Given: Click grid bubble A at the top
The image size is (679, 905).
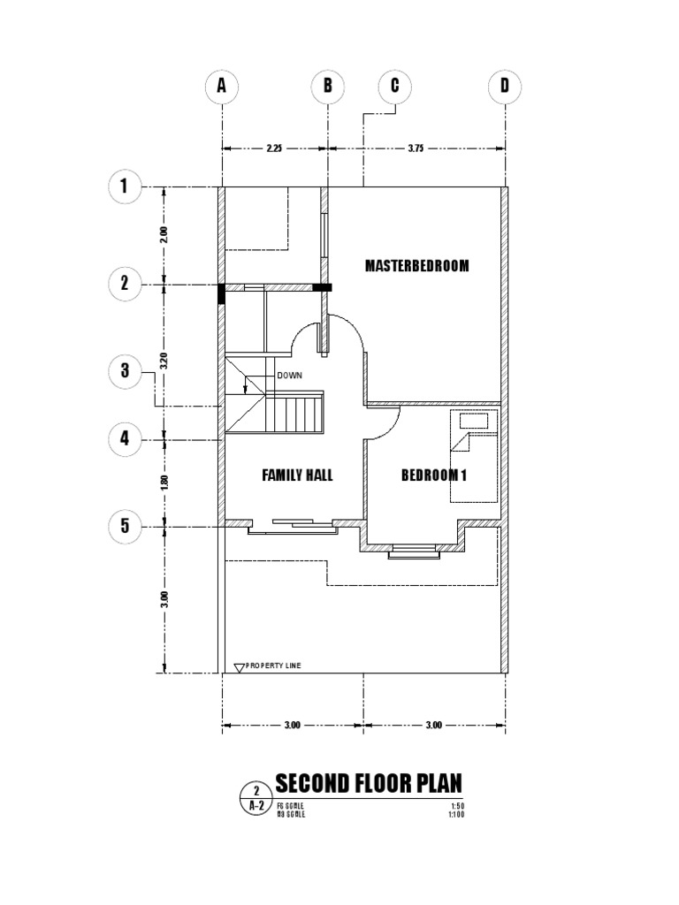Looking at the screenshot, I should (221, 87).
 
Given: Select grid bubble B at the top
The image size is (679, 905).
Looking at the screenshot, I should (327, 87).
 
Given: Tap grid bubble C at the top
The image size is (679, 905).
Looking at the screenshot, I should (394, 87).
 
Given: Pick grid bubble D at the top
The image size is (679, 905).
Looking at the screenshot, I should (505, 87).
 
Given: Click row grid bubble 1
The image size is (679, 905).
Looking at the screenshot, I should (125, 186).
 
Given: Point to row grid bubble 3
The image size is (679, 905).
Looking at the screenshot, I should (125, 371).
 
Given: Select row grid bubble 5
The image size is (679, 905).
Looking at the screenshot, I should (125, 527).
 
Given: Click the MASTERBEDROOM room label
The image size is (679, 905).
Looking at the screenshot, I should (417, 266).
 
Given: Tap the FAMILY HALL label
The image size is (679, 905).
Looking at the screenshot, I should (297, 475).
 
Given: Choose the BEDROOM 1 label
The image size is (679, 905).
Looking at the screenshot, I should (434, 475).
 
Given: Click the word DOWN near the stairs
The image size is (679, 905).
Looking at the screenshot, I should (290, 376).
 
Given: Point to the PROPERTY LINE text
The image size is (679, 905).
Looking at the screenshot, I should (273, 665).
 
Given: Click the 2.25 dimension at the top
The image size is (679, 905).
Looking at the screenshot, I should (274, 149).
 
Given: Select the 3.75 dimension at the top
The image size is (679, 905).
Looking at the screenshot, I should (416, 149).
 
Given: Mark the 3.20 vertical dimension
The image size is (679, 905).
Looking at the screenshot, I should (163, 361).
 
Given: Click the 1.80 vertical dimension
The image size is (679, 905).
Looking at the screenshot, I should (163, 483).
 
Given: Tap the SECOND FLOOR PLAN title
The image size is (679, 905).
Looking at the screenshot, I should (368, 784).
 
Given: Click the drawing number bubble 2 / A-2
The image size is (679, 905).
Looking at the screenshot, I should (256, 798).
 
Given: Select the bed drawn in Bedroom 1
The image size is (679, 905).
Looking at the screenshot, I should (475, 454).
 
